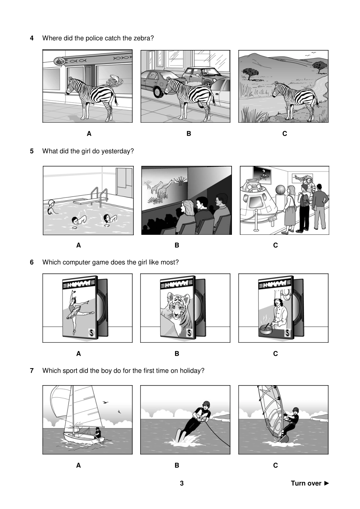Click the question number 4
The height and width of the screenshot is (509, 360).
pos(32,38)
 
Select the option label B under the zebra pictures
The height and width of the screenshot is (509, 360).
pos(189,134)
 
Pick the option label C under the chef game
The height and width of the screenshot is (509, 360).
pos(275,354)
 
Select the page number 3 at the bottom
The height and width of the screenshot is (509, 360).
pos(182,483)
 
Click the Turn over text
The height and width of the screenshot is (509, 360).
pos(306,483)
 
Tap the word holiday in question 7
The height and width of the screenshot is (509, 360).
pos(192,371)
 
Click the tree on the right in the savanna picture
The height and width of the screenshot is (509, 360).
pos(319,66)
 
